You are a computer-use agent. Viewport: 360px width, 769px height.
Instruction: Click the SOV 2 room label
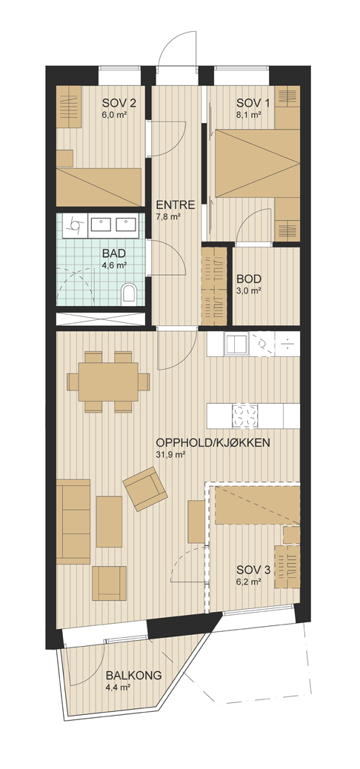[x=119, y=103]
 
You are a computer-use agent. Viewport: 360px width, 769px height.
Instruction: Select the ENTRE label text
[x=175, y=205]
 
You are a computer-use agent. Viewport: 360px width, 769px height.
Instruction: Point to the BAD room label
[x=114, y=254]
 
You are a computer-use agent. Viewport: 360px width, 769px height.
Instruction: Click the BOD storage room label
[x=249, y=279]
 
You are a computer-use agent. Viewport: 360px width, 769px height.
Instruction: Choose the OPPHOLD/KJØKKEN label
[x=213, y=443]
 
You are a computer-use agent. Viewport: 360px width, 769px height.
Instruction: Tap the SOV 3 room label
[x=253, y=570]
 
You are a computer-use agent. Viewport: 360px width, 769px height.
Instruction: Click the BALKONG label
[x=133, y=676]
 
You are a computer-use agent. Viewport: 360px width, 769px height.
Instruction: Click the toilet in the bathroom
[x=128, y=293]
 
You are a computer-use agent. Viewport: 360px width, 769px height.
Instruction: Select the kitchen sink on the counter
[x=237, y=344]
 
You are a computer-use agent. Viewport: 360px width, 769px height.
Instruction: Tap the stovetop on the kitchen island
[x=244, y=416]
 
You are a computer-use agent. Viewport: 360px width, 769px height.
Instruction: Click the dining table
[x=108, y=382]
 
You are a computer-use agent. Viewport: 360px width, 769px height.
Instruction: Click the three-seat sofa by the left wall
[x=73, y=522]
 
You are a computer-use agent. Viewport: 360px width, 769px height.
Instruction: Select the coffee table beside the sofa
[x=109, y=522]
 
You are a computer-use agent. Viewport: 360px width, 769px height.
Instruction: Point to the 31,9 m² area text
[x=170, y=455]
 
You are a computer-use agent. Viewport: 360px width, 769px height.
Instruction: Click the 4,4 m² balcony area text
[x=118, y=687]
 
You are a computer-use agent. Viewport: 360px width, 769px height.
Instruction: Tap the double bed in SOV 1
[x=255, y=164]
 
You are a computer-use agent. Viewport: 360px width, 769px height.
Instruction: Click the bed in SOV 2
[x=99, y=187]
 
